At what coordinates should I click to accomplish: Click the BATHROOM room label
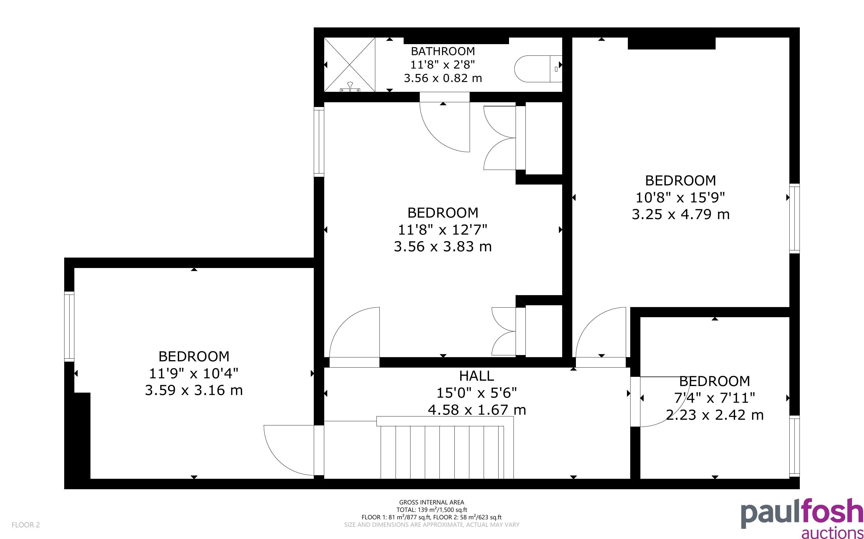pos(443,51)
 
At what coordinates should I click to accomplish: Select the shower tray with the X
pos(350,64)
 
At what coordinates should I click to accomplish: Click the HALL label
pos(476,376)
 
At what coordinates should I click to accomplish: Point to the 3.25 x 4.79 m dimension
pos(681,215)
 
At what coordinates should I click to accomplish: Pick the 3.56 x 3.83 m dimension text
pos(443,247)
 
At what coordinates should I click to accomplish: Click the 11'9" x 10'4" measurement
pos(193,374)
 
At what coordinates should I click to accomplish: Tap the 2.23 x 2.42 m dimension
pos(715,415)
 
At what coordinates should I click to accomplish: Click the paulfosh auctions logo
pos(802,518)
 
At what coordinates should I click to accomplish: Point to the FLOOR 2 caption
pos(26,525)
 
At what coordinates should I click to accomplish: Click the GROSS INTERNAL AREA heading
pos(431,502)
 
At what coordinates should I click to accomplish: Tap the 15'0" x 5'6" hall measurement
pos(477,393)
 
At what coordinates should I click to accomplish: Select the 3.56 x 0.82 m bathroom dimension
pos(443,78)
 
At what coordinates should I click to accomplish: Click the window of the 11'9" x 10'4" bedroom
pos(69,326)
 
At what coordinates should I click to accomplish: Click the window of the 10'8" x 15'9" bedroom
pos(794,219)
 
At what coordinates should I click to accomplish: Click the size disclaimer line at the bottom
pos(431,525)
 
